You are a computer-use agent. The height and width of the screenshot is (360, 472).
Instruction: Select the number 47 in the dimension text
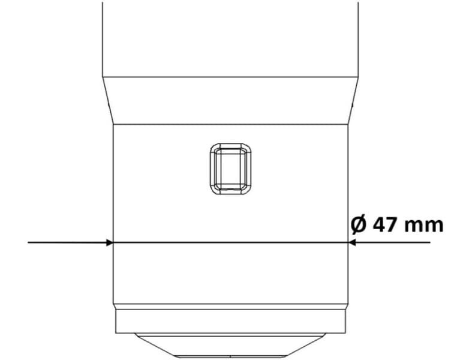384,225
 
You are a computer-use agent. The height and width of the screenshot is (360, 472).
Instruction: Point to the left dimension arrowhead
109,242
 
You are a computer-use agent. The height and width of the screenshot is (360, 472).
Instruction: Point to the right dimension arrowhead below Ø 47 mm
352,242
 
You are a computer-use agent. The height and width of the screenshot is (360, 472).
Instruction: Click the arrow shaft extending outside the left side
66,242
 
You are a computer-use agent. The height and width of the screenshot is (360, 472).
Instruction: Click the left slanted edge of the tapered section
108,101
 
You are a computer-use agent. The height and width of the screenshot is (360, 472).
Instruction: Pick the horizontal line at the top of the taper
230,77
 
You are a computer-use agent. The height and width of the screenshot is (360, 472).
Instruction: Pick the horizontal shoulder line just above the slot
230,124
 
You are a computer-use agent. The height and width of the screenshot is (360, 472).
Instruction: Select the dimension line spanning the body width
230,242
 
